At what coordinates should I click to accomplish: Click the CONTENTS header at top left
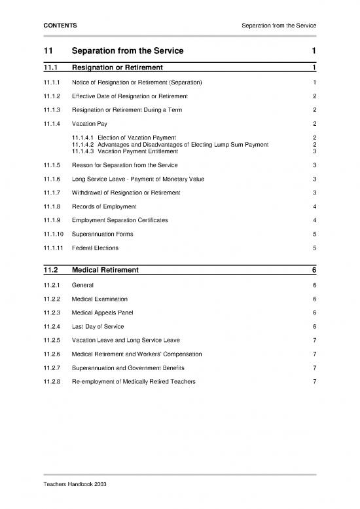coord(60,25)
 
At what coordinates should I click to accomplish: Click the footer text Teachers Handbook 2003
coord(74,483)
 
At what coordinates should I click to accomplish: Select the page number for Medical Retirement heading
coord(314,270)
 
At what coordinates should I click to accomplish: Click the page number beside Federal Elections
coord(315,248)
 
